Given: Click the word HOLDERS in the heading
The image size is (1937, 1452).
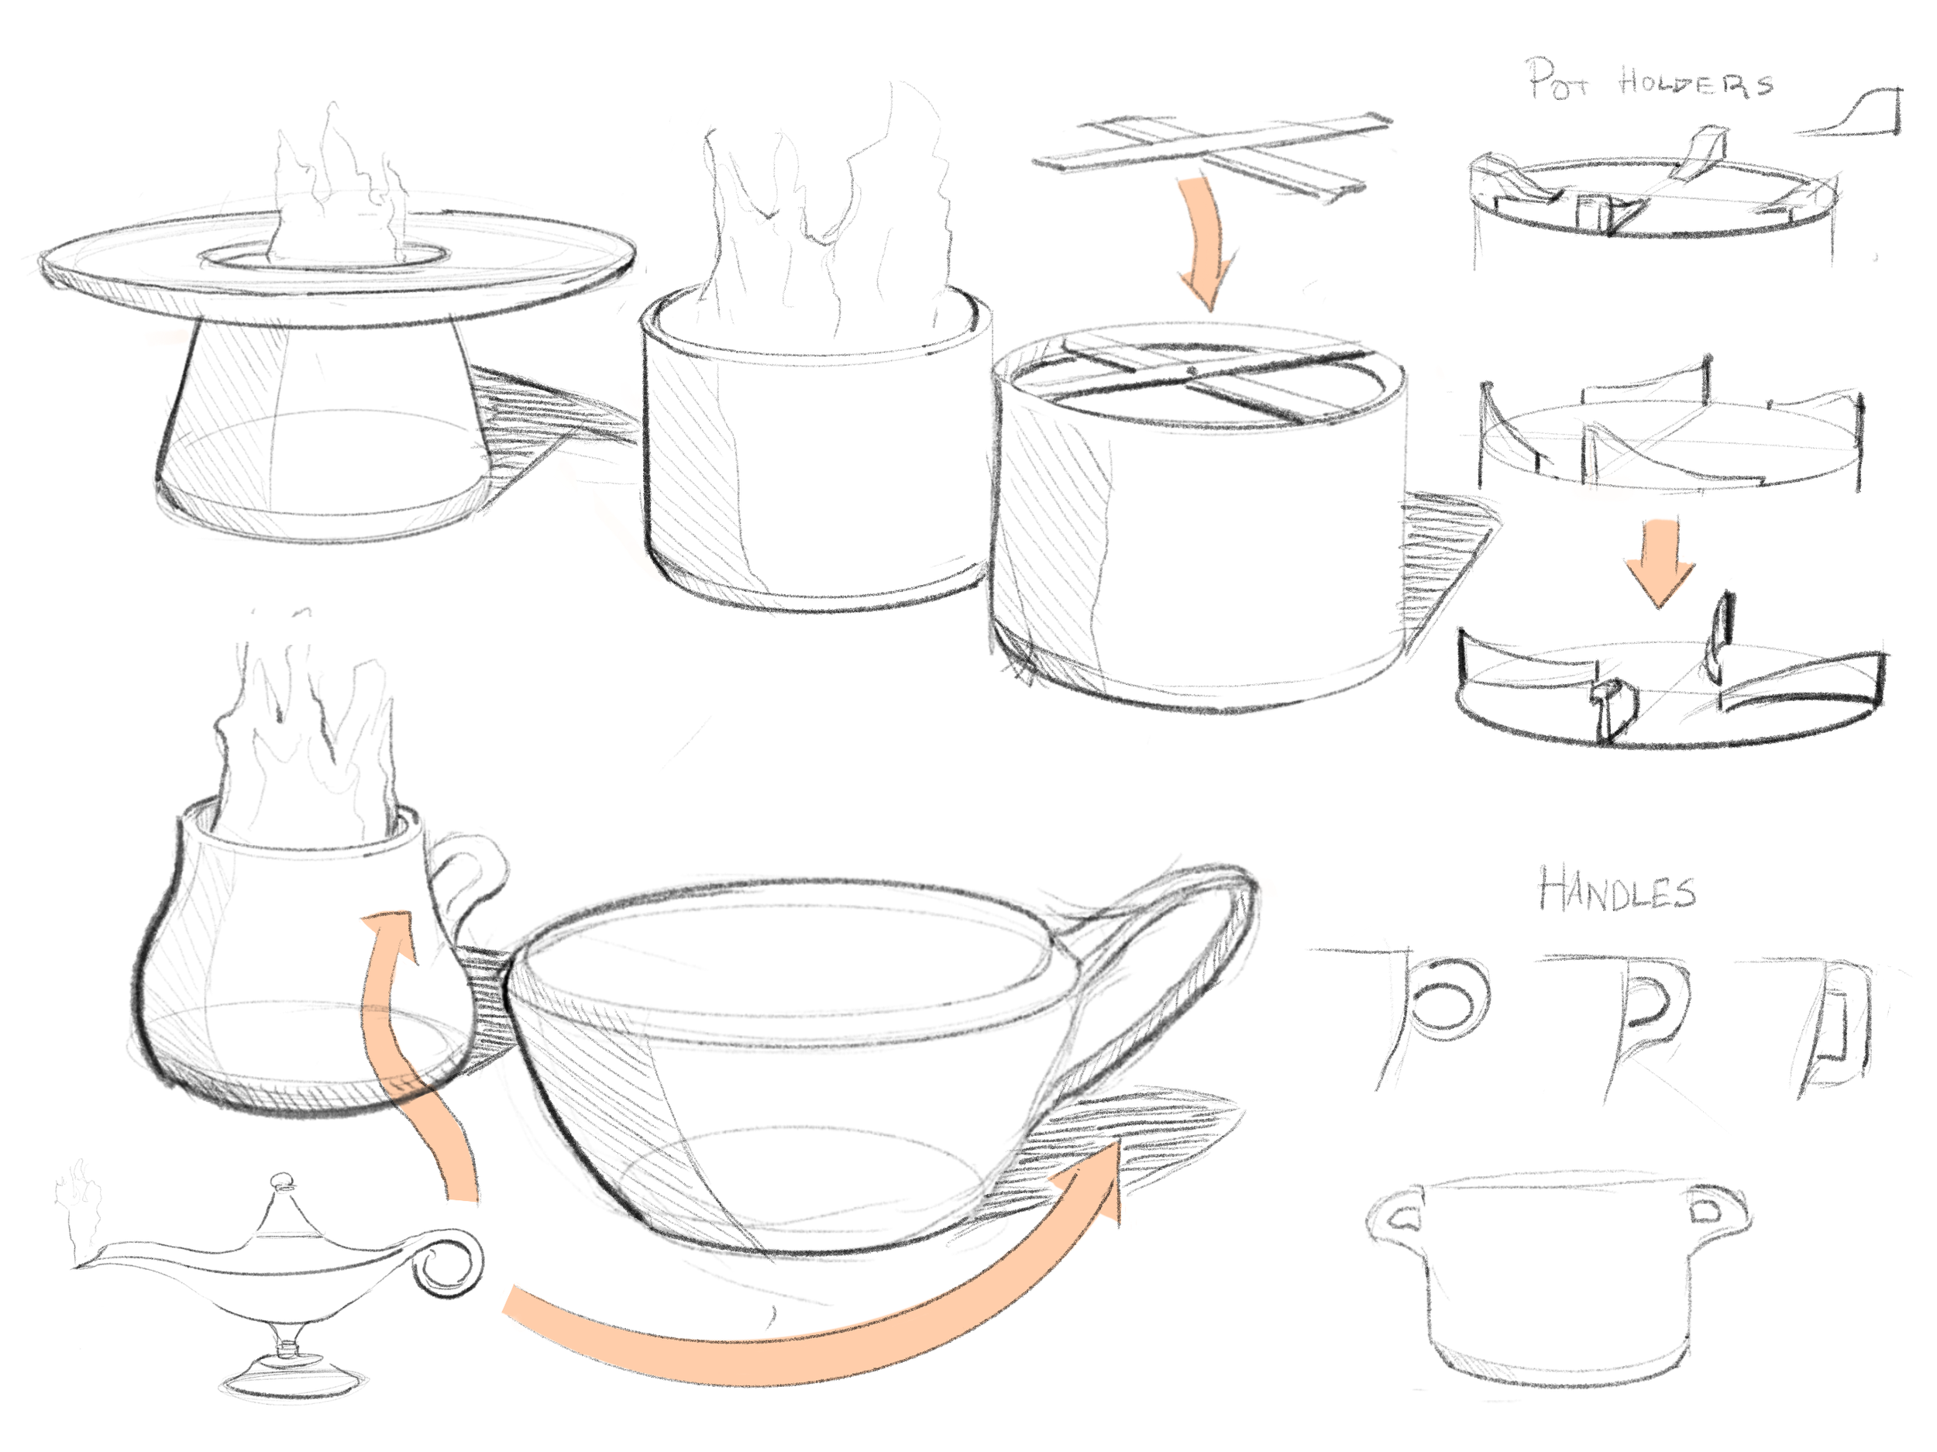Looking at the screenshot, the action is (1695, 82).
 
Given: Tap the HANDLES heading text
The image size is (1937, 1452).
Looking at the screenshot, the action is (1617, 889).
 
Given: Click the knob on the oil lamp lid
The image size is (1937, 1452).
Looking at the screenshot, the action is (283, 1182).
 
